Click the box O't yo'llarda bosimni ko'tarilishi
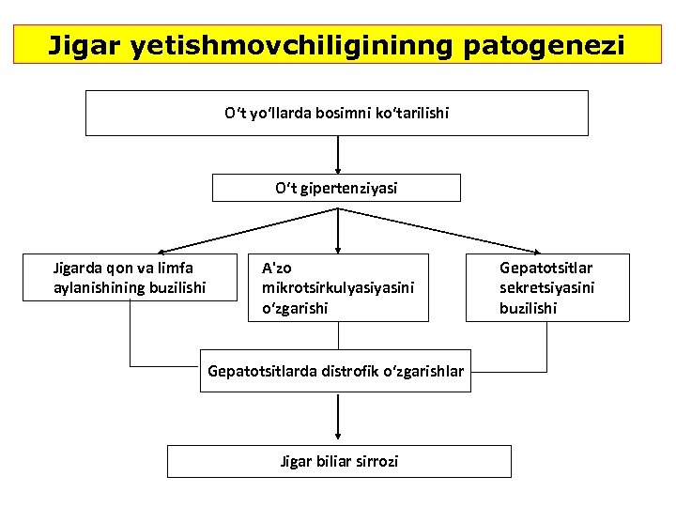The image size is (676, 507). (x=336, y=113)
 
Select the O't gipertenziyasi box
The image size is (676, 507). (x=336, y=188)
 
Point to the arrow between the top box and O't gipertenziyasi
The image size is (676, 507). (x=337, y=155)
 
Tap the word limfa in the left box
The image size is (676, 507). (x=186, y=269)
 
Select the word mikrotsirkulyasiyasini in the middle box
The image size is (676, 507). (x=335, y=287)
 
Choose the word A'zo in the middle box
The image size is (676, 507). (x=276, y=269)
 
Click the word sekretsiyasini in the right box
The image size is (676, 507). (x=546, y=287)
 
